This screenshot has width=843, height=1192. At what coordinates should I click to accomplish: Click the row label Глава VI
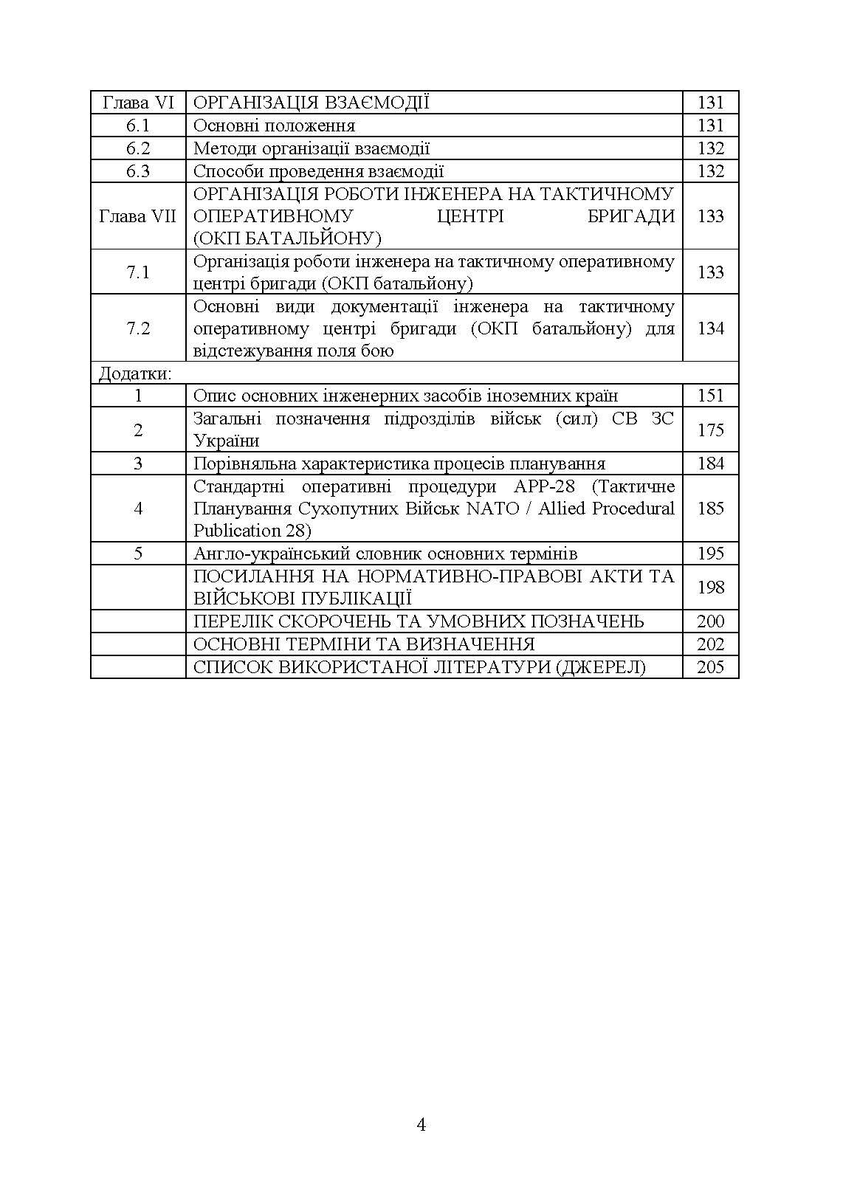[137, 103]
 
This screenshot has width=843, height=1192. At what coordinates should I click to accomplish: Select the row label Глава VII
[137, 216]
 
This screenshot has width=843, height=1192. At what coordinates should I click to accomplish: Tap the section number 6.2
[137, 148]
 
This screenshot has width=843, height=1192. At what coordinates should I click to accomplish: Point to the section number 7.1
[137, 272]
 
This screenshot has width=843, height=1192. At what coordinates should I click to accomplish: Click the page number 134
[710, 328]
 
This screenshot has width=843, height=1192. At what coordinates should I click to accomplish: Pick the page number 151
[710, 396]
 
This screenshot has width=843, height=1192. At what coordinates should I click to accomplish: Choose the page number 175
[710, 430]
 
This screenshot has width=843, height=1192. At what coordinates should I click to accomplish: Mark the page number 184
[710, 464]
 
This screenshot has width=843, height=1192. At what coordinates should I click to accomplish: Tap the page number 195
[710, 554]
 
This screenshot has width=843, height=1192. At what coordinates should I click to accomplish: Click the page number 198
[710, 588]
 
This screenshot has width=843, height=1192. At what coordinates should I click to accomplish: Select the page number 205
[710, 667]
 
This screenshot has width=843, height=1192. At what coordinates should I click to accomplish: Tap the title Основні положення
[274, 125]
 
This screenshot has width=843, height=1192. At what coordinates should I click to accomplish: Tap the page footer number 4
[421, 1125]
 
